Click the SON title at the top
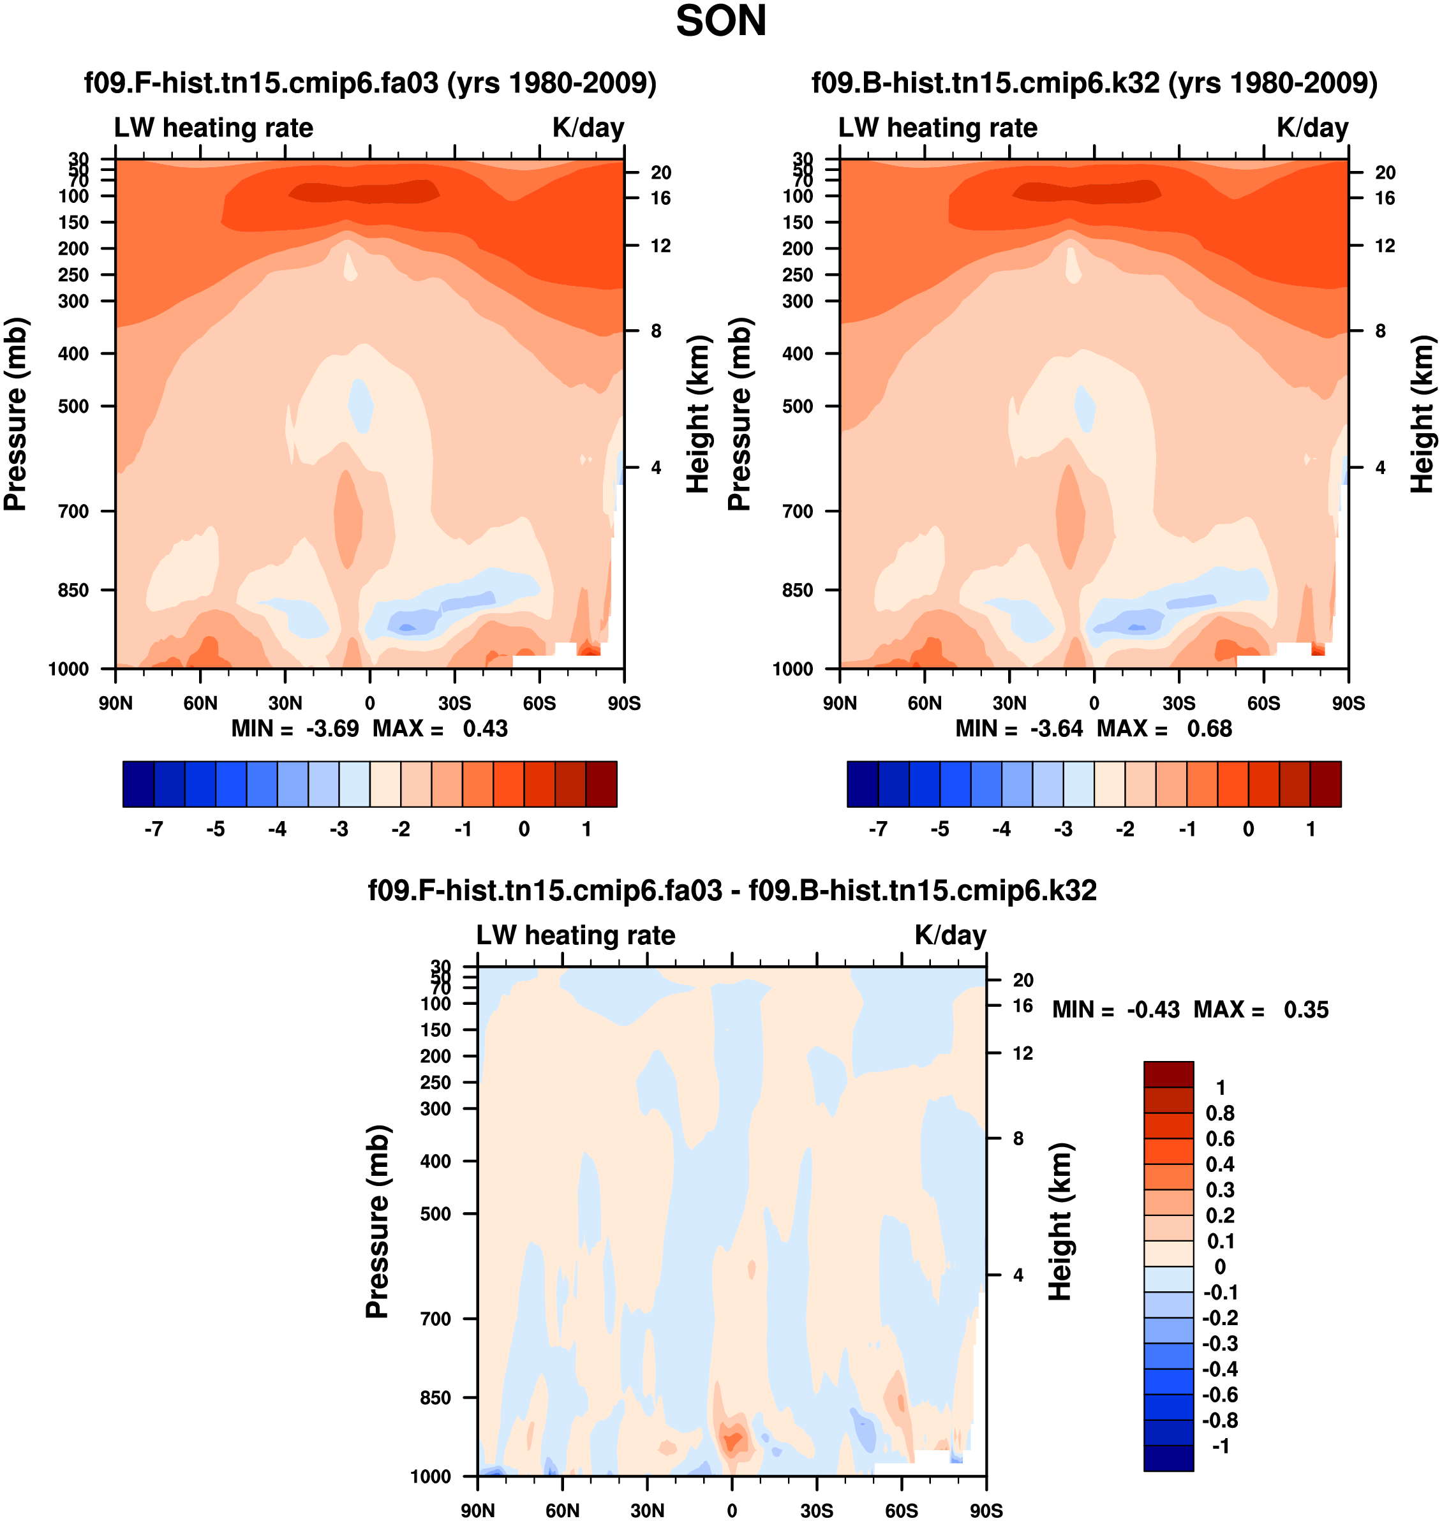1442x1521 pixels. pos(720,22)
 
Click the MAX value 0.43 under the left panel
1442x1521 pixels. pos(485,729)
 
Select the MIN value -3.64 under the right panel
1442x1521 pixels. pos(1056,729)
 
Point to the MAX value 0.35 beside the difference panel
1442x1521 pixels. pos(1305,1009)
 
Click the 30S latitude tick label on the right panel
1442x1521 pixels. pos(1178,703)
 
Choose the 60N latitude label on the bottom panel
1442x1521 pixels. pos(562,1510)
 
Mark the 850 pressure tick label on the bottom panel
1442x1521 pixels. pos(435,1397)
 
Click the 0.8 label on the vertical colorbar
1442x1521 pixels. pos(1220,1113)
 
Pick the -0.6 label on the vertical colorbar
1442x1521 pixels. pos(1219,1394)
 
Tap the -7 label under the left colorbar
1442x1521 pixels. pos(154,829)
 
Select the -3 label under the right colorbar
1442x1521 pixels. pos(1063,829)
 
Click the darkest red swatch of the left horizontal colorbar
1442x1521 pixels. pos(601,784)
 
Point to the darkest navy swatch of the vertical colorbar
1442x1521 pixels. pos(1168,1458)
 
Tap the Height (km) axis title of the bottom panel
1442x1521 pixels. pos(1060,1221)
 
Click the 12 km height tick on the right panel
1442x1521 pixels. pos(1385,246)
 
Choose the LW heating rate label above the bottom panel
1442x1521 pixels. pos(576,935)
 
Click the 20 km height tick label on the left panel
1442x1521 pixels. pos(660,173)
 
